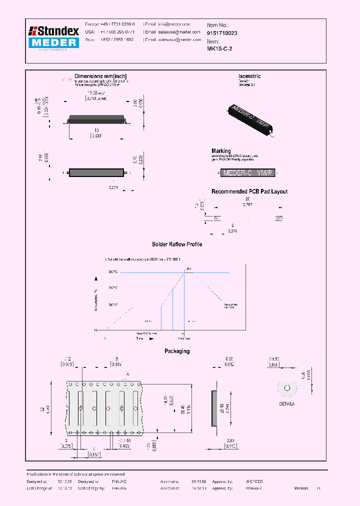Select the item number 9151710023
click(222, 33)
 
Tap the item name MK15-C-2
click(219, 49)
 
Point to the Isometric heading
click(249, 76)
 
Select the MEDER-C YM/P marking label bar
click(248, 173)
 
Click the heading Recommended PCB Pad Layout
click(249, 191)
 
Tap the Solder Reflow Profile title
click(177, 244)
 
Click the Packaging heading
click(177, 351)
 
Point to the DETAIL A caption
click(287, 403)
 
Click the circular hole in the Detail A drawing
click(286, 388)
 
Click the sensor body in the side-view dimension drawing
click(95, 172)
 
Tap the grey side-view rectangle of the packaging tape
click(215, 408)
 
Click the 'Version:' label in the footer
click(301, 487)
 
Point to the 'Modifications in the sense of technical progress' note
click(75, 474)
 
